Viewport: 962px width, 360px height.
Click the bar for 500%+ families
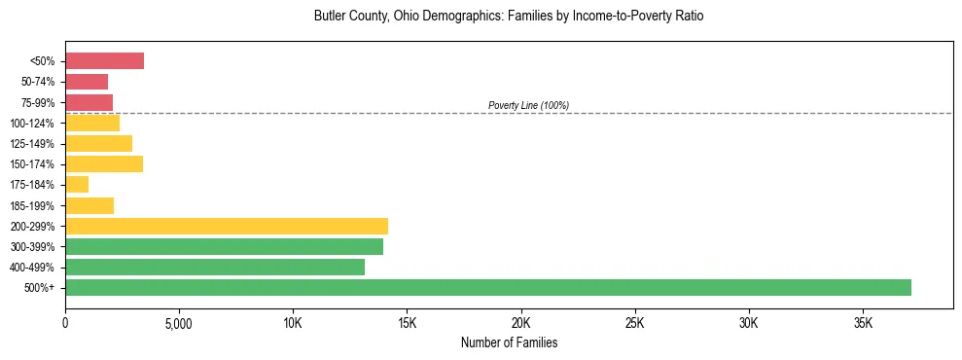coord(488,287)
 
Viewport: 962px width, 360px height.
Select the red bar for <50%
coord(104,61)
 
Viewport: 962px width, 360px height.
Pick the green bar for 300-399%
coord(224,246)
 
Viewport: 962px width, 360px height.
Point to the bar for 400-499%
coord(215,267)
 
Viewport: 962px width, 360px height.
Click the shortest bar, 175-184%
coord(77,185)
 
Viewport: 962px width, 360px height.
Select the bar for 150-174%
coord(104,163)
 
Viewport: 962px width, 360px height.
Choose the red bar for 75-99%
coord(89,102)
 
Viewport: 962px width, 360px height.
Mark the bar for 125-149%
coord(98,143)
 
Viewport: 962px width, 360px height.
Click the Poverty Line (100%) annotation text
coord(528,105)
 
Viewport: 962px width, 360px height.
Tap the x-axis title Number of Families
coord(509,343)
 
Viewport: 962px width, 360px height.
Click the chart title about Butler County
coord(509,17)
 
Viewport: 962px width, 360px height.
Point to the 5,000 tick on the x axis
coord(179,322)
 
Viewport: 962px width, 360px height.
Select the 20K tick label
coord(521,322)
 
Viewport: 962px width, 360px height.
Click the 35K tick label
coord(863,322)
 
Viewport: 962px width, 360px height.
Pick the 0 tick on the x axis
coord(65,322)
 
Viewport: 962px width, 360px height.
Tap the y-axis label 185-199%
coord(35,206)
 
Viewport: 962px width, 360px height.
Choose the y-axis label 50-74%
coord(38,83)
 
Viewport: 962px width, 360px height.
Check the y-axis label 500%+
coord(41,288)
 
